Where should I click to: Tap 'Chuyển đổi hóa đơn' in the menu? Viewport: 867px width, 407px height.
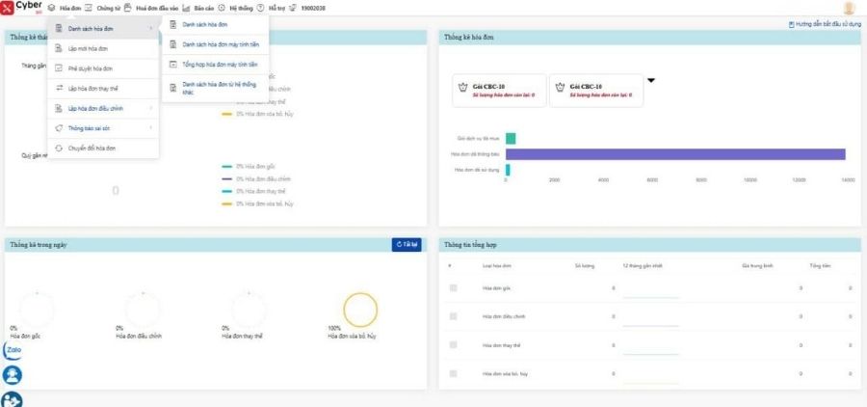(x=93, y=148)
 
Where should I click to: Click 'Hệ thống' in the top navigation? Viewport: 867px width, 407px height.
(x=240, y=8)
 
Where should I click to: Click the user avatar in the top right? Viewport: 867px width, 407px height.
(x=849, y=9)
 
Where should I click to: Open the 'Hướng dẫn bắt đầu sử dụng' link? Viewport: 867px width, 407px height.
(x=825, y=23)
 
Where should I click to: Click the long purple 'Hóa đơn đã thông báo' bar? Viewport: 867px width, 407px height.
(x=674, y=154)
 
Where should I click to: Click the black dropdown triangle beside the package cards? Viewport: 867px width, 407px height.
(x=651, y=80)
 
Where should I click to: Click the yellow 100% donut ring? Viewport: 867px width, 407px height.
(x=360, y=310)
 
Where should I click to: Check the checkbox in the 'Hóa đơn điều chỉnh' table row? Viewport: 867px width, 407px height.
(x=453, y=316)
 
